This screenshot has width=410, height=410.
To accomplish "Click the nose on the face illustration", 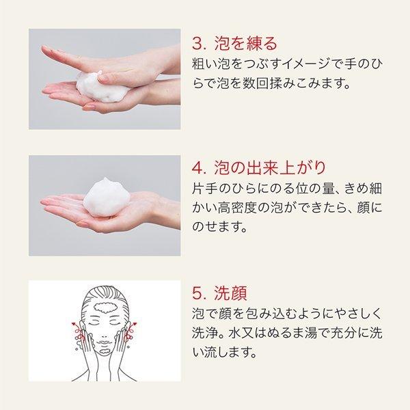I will click(105, 334).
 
